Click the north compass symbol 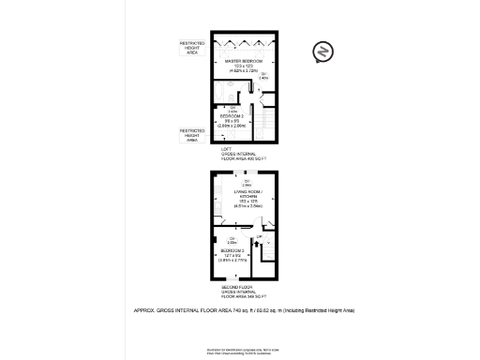322,52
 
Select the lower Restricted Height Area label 192,134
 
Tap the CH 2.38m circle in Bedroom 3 230,266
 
